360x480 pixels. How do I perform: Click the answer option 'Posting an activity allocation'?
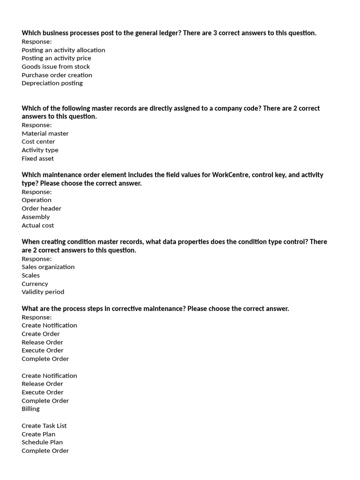click(x=63, y=50)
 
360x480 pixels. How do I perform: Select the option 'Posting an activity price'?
click(x=56, y=58)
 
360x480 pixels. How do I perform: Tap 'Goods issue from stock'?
click(x=56, y=67)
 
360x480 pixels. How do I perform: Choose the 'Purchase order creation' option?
click(x=57, y=75)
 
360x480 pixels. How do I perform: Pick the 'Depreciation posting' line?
click(x=52, y=83)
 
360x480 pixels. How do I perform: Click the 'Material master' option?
click(x=45, y=134)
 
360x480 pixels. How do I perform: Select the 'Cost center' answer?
click(x=38, y=142)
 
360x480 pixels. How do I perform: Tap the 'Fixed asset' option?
click(x=37, y=158)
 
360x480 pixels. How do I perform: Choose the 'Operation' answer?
click(x=37, y=200)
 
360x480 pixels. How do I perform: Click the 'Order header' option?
click(x=41, y=209)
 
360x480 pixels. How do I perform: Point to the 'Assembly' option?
click(x=36, y=217)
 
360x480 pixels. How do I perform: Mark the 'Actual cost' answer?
click(x=37, y=225)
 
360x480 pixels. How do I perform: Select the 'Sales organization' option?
click(x=48, y=267)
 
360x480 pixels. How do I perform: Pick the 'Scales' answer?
click(x=30, y=276)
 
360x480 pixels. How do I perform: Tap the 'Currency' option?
click(x=35, y=284)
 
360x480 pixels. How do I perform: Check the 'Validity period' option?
click(x=43, y=292)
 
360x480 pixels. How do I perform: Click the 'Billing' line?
click(x=30, y=409)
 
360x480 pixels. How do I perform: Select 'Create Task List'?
click(x=44, y=426)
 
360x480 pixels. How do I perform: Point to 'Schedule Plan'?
click(x=42, y=442)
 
